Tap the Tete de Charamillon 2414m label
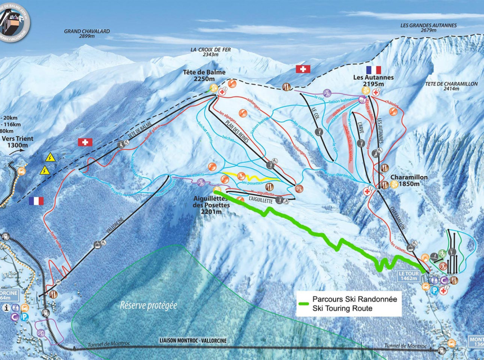(x=451, y=86)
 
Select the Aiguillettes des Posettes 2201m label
(x=210, y=202)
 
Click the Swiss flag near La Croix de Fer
(x=303, y=69)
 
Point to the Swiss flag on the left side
(x=85, y=142)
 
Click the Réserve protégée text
(x=149, y=305)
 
